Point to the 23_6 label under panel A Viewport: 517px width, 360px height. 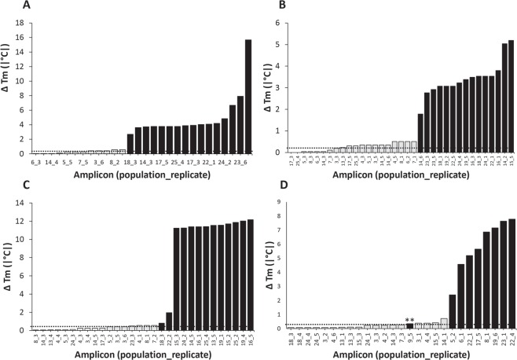[239, 160]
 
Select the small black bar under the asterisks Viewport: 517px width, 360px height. [409, 325]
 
